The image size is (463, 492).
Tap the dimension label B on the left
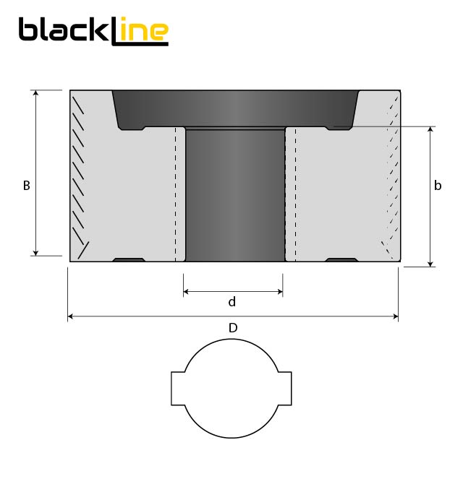[26, 186]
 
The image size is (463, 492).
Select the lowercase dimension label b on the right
[438, 186]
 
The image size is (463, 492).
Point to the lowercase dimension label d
[232, 301]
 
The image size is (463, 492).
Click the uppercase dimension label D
[233, 328]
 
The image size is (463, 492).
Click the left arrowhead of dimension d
[187, 292]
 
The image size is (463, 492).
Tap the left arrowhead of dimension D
[71, 316]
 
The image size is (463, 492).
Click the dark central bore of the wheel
[235, 195]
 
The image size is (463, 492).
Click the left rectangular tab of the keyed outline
[178, 389]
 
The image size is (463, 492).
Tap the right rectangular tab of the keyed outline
[285, 389]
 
